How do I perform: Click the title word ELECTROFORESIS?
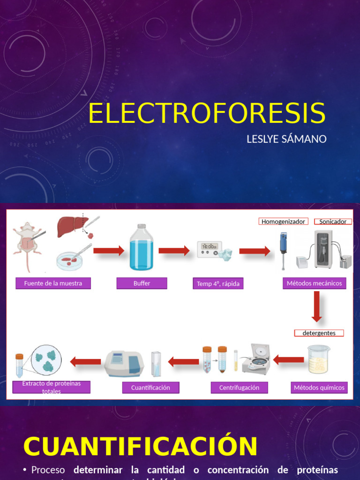(x=207, y=113)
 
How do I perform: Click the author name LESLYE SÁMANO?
(x=286, y=139)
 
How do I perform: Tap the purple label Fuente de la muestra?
(x=53, y=283)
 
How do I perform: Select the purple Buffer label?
(x=142, y=283)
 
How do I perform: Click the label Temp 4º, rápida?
(x=218, y=284)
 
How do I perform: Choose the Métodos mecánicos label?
(x=315, y=283)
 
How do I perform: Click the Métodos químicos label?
(x=319, y=388)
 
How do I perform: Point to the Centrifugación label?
(x=239, y=388)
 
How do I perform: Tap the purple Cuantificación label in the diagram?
(x=150, y=388)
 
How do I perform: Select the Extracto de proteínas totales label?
(x=52, y=387)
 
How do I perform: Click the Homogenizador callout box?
(x=283, y=222)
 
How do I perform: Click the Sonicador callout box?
(x=333, y=222)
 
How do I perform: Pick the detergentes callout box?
(x=319, y=333)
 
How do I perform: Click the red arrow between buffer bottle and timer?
(x=174, y=251)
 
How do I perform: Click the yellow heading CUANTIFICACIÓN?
(x=141, y=446)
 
